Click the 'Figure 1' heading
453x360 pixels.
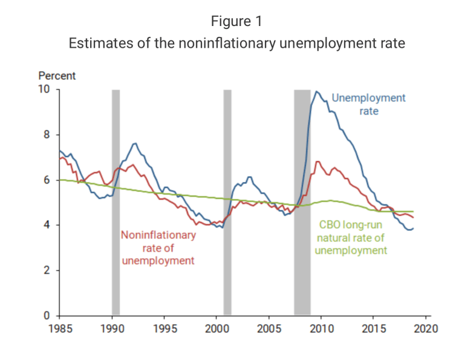(236, 22)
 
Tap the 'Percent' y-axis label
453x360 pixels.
(57, 76)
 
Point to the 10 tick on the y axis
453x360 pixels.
(44, 90)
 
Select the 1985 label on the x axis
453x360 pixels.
(59, 329)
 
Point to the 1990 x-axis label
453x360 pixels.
(112, 329)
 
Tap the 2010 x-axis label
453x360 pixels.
(321, 329)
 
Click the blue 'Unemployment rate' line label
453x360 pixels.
(368, 105)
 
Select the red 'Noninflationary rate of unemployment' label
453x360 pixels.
(158, 247)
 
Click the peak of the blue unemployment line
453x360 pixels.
(316, 91)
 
